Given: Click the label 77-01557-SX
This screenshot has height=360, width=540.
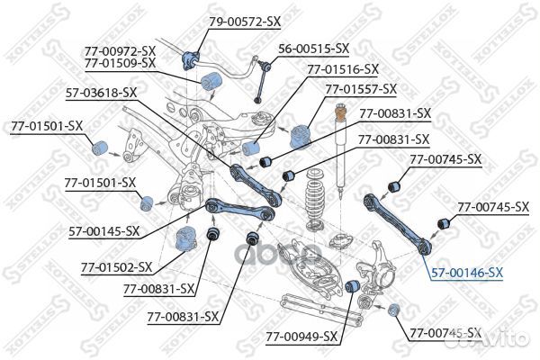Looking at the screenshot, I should point(361,89).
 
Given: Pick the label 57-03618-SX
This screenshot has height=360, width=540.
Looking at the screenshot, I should point(102,92).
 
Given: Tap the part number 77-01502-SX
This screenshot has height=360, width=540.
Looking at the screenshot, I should point(116,267).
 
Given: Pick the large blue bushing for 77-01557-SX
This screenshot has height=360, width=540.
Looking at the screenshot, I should point(301,135).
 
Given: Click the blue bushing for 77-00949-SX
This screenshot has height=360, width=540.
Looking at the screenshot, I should point(354,286).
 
